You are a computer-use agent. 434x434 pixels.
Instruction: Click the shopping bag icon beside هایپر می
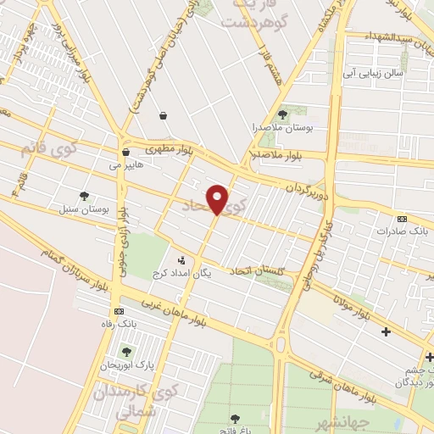point(125,153)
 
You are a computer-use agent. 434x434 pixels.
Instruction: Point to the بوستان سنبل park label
point(84,209)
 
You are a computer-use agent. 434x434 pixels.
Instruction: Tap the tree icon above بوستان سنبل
point(84,196)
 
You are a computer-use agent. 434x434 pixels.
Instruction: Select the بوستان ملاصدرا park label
point(284,127)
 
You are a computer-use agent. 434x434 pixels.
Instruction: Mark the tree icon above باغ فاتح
point(236,418)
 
